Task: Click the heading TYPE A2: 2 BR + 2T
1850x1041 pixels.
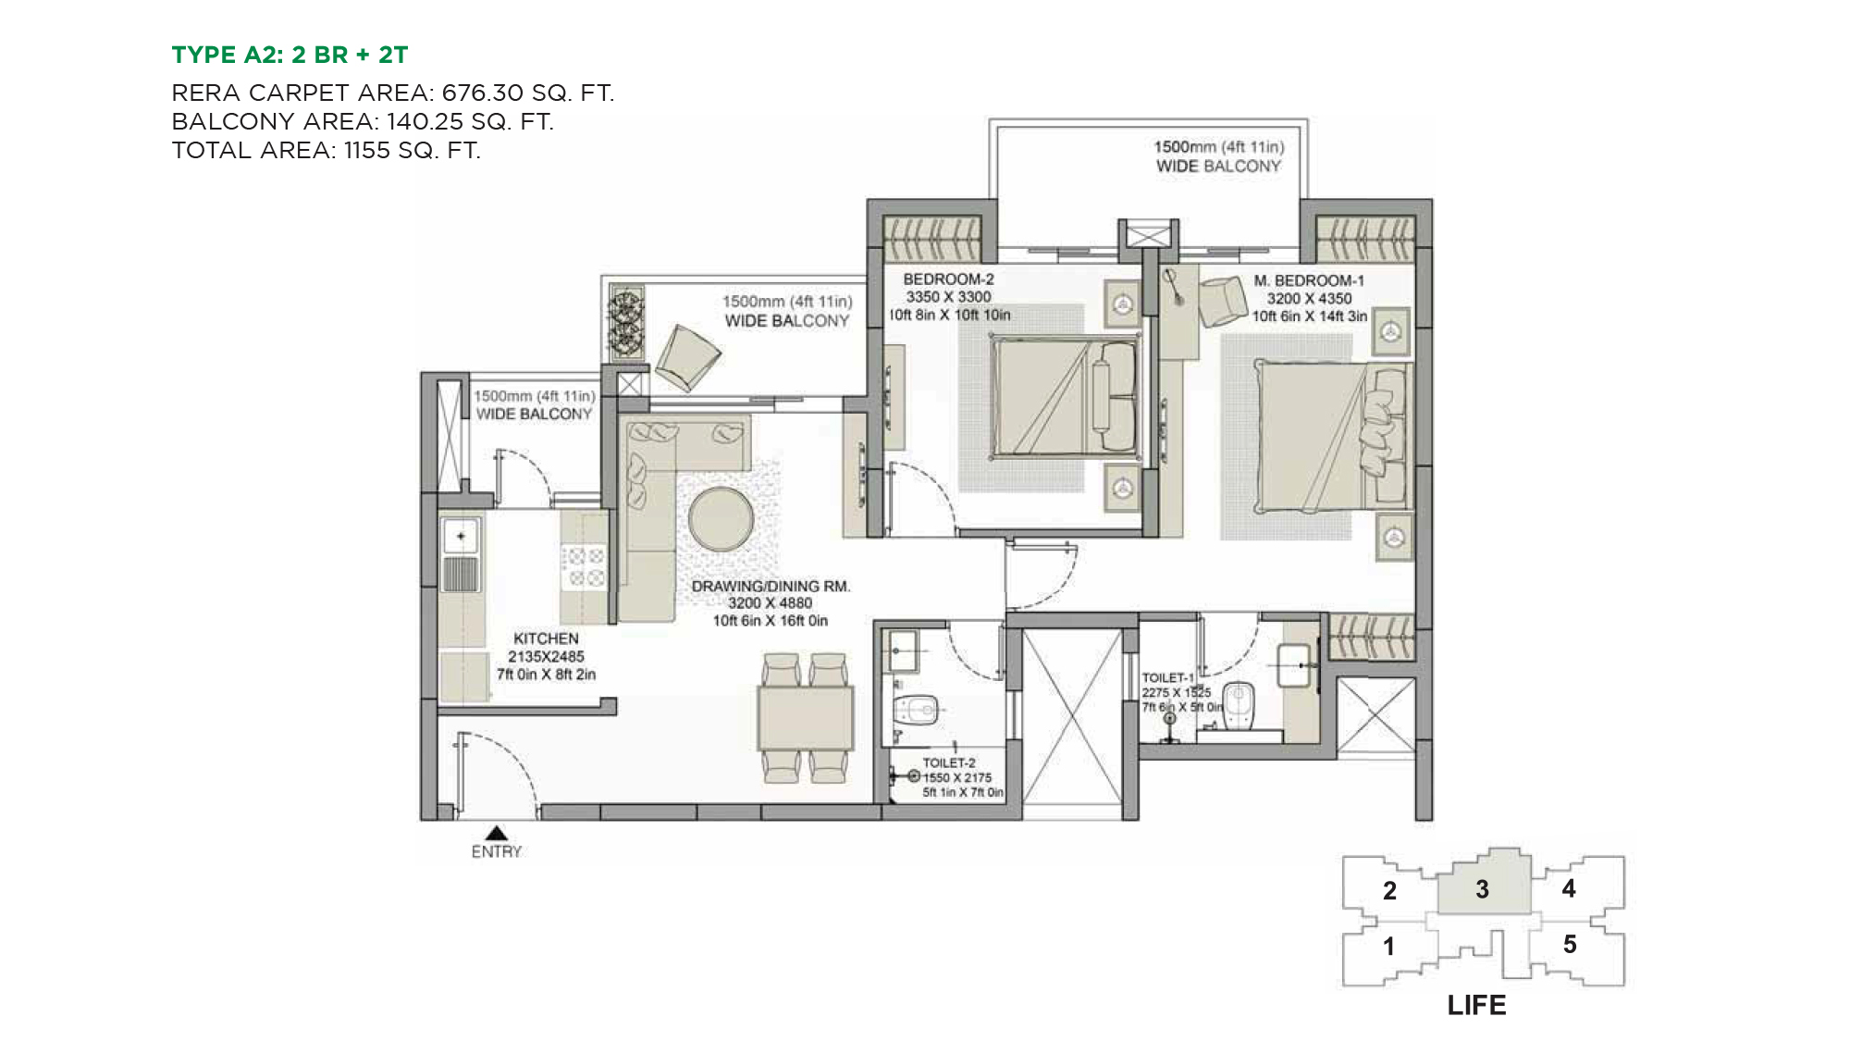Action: [x=290, y=55]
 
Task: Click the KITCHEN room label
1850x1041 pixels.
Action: [x=546, y=638]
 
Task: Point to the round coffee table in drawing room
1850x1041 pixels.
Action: [x=721, y=519]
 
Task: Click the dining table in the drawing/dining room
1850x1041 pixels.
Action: [x=805, y=719]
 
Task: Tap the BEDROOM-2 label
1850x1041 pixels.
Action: [x=948, y=279]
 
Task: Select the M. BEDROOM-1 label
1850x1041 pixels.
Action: [x=1309, y=280]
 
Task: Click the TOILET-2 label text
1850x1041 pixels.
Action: [x=949, y=762]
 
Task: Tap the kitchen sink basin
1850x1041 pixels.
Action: [x=460, y=536]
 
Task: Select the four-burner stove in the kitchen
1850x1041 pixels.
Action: [x=585, y=566]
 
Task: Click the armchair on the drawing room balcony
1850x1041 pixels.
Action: [x=687, y=357]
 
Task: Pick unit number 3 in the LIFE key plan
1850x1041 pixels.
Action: [x=1482, y=889]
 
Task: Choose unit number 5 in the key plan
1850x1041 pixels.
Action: [x=1570, y=944]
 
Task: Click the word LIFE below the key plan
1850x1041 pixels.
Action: [x=1476, y=1005]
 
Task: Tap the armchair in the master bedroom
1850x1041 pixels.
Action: [x=1223, y=301]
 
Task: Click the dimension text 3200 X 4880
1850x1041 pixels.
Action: [x=770, y=603]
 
